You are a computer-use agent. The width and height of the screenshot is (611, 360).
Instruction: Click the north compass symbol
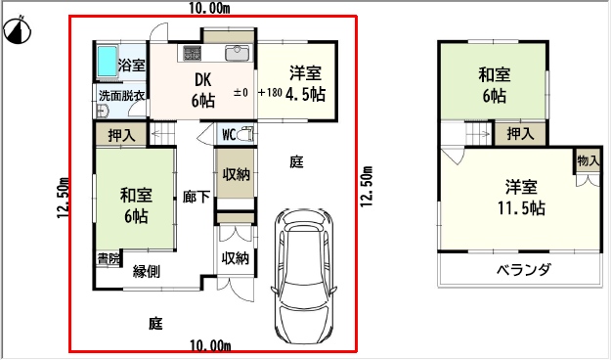pos(17,30)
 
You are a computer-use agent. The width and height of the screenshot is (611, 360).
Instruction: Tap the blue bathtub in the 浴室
pos(108,62)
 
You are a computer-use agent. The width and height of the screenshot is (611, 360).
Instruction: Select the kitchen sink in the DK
pos(237,53)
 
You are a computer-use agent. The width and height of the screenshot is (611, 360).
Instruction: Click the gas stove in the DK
pos(193,53)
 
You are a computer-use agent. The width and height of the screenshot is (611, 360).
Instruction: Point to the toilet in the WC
pos(246,134)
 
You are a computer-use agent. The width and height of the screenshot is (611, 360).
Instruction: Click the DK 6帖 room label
pos(203,90)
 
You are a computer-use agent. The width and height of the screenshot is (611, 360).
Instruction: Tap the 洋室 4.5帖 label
pos(305,83)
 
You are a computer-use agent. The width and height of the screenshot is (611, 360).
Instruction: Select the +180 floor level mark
pos(270,92)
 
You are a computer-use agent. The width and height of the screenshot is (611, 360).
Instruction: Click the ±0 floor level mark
pos(240,92)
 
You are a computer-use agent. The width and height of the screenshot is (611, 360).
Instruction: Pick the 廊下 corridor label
pos(196,197)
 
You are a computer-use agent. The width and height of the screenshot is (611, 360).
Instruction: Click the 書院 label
pos(109,259)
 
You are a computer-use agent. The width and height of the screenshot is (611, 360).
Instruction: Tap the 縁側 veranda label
pos(147,271)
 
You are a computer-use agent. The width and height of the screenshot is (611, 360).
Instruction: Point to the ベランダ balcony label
pos(524,270)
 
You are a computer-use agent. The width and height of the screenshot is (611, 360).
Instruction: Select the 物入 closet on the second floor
pos(588,160)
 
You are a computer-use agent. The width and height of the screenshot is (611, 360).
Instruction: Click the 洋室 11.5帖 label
pos(521,198)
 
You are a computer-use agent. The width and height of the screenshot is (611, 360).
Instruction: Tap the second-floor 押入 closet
pos(520,134)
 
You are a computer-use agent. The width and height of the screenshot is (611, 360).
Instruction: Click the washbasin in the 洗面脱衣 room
pos(102,112)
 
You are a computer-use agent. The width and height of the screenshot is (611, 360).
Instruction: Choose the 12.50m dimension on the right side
pos(367,187)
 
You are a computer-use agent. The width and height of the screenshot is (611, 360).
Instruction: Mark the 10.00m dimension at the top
pos(209,8)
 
